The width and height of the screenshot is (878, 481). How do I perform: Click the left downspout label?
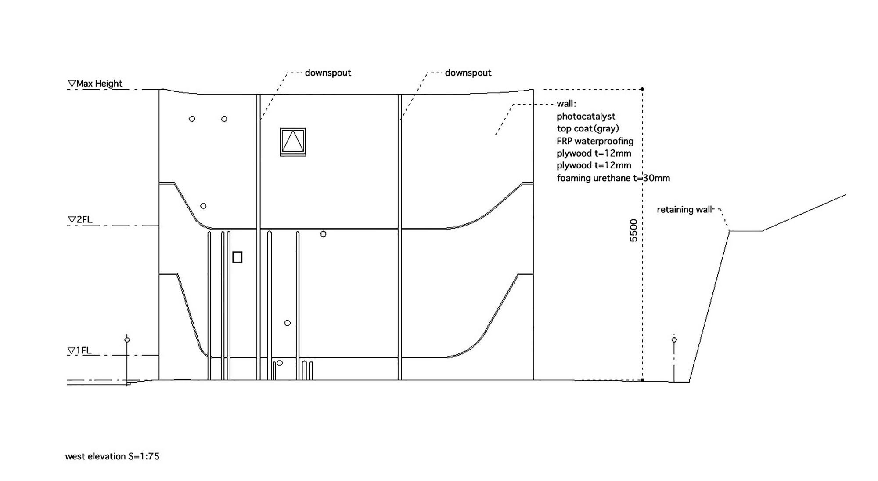click(328, 73)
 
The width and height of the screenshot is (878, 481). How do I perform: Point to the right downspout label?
click(468, 73)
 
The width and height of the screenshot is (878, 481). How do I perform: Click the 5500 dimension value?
click(633, 230)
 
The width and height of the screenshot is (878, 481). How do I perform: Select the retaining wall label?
click(684, 210)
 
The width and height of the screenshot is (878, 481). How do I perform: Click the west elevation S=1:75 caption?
click(112, 456)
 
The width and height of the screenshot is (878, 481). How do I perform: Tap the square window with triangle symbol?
click(293, 142)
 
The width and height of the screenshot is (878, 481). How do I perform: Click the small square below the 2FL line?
click(237, 257)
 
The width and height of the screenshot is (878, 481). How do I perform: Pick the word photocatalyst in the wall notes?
click(586, 117)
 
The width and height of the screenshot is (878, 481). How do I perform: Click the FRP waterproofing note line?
click(595, 141)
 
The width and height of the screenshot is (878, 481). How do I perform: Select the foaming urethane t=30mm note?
click(613, 178)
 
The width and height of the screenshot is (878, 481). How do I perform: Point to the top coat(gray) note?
click(588, 128)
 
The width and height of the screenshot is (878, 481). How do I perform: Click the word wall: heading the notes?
click(566, 104)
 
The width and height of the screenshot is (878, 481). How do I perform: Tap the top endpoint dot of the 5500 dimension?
click(642, 89)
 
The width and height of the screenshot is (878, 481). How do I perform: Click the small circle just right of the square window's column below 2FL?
click(323, 234)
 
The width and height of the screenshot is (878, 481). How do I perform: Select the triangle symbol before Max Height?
click(72, 83)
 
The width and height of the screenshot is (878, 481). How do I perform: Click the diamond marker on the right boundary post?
click(674, 339)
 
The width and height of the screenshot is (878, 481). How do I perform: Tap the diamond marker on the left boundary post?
click(127, 339)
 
